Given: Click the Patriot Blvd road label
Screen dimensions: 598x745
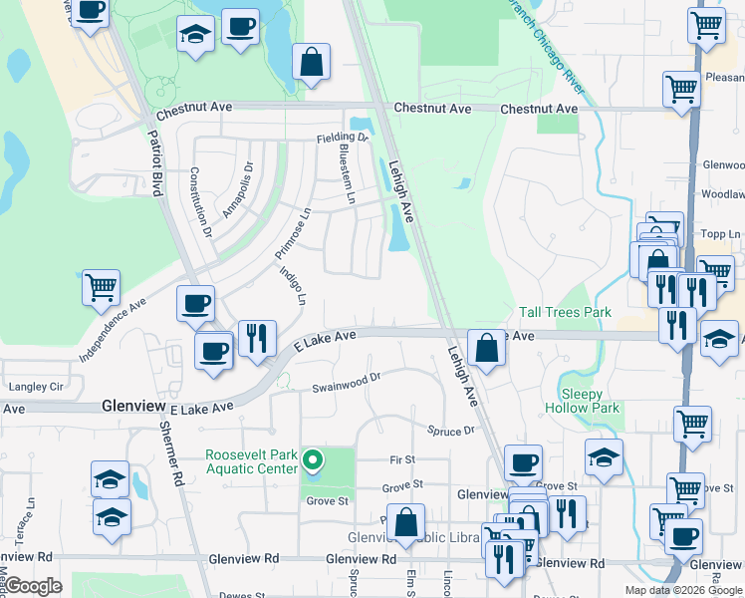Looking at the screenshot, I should (155, 164).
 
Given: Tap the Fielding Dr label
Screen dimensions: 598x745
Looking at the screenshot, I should (343, 138).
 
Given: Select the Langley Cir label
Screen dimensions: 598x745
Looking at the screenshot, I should (35, 386).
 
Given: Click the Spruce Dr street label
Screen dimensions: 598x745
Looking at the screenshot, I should (451, 431).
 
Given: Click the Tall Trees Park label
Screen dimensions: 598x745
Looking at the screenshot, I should (565, 313).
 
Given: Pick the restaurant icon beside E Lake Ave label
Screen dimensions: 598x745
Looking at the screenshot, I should (257, 338).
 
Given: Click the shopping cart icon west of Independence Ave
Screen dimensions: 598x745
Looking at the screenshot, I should (102, 288).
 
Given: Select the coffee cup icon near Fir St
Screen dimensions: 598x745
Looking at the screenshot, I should (523, 462).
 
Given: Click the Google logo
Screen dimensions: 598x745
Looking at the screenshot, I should (33, 586).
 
